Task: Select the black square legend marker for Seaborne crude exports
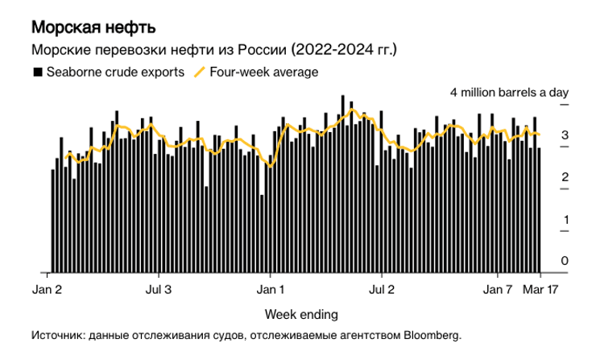(x=36, y=72)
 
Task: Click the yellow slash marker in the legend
(x=201, y=72)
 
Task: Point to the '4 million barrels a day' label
(x=509, y=93)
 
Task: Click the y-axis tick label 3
(x=565, y=135)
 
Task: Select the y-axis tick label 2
(x=565, y=177)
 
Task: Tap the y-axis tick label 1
(x=565, y=219)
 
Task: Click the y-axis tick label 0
(x=565, y=261)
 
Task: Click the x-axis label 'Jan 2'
(x=47, y=288)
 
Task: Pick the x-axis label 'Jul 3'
(x=159, y=288)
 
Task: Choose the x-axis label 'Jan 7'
(x=497, y=288)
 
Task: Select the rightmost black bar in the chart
(x=539, y=209)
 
